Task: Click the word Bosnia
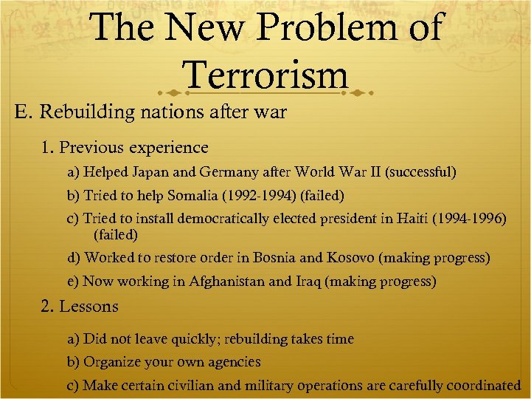[x=274, y=258]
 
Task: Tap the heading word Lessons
[x=88, y=306]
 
